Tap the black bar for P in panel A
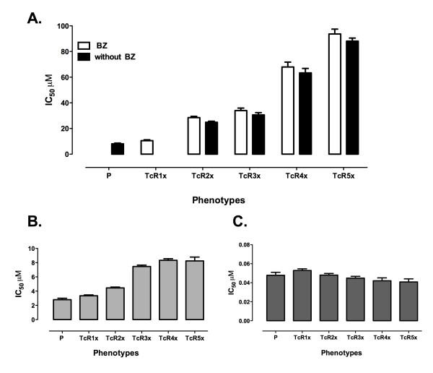(x=118, y=149)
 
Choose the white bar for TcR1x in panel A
(x=147, y=147)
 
